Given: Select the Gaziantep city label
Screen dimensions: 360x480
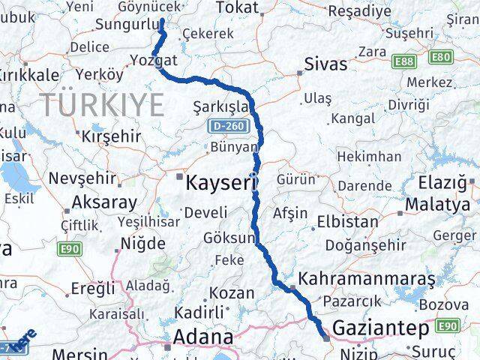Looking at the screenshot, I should coord(380,328).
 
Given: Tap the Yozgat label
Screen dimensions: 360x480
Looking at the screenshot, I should coord(153,60).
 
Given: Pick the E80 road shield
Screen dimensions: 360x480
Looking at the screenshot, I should coord(442,56).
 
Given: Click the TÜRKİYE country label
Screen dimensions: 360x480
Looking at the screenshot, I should coord(101,104).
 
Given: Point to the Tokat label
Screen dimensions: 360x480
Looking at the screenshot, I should coord(236,7).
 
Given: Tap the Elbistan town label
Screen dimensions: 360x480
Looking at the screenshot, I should coord(347,222).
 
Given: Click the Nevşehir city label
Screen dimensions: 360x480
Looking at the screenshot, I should coord(82,178).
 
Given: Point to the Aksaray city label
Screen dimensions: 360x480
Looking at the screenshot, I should coord(104,202).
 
